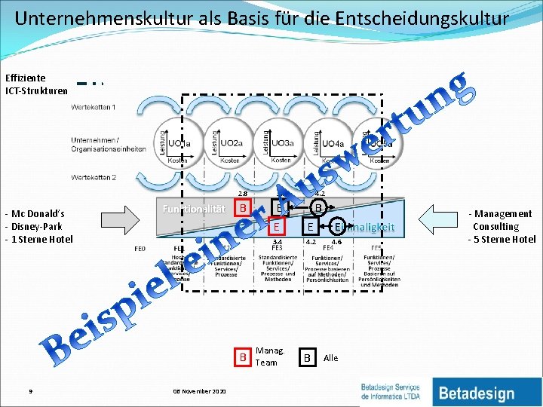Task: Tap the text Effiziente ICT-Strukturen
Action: (x=35, y=84)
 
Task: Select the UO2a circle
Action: (x=229, y=142)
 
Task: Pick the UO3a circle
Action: (x=280, y=142)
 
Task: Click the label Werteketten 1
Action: (x=93, y=107)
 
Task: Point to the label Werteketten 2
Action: (x=93, y=178)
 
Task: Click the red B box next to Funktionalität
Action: (x=242, y=207)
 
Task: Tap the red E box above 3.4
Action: (x=278, y=226)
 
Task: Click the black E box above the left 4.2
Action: (x=309, y=226)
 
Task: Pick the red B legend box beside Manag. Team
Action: (x=243, y=357)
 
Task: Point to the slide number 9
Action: (x=29, y=391)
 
